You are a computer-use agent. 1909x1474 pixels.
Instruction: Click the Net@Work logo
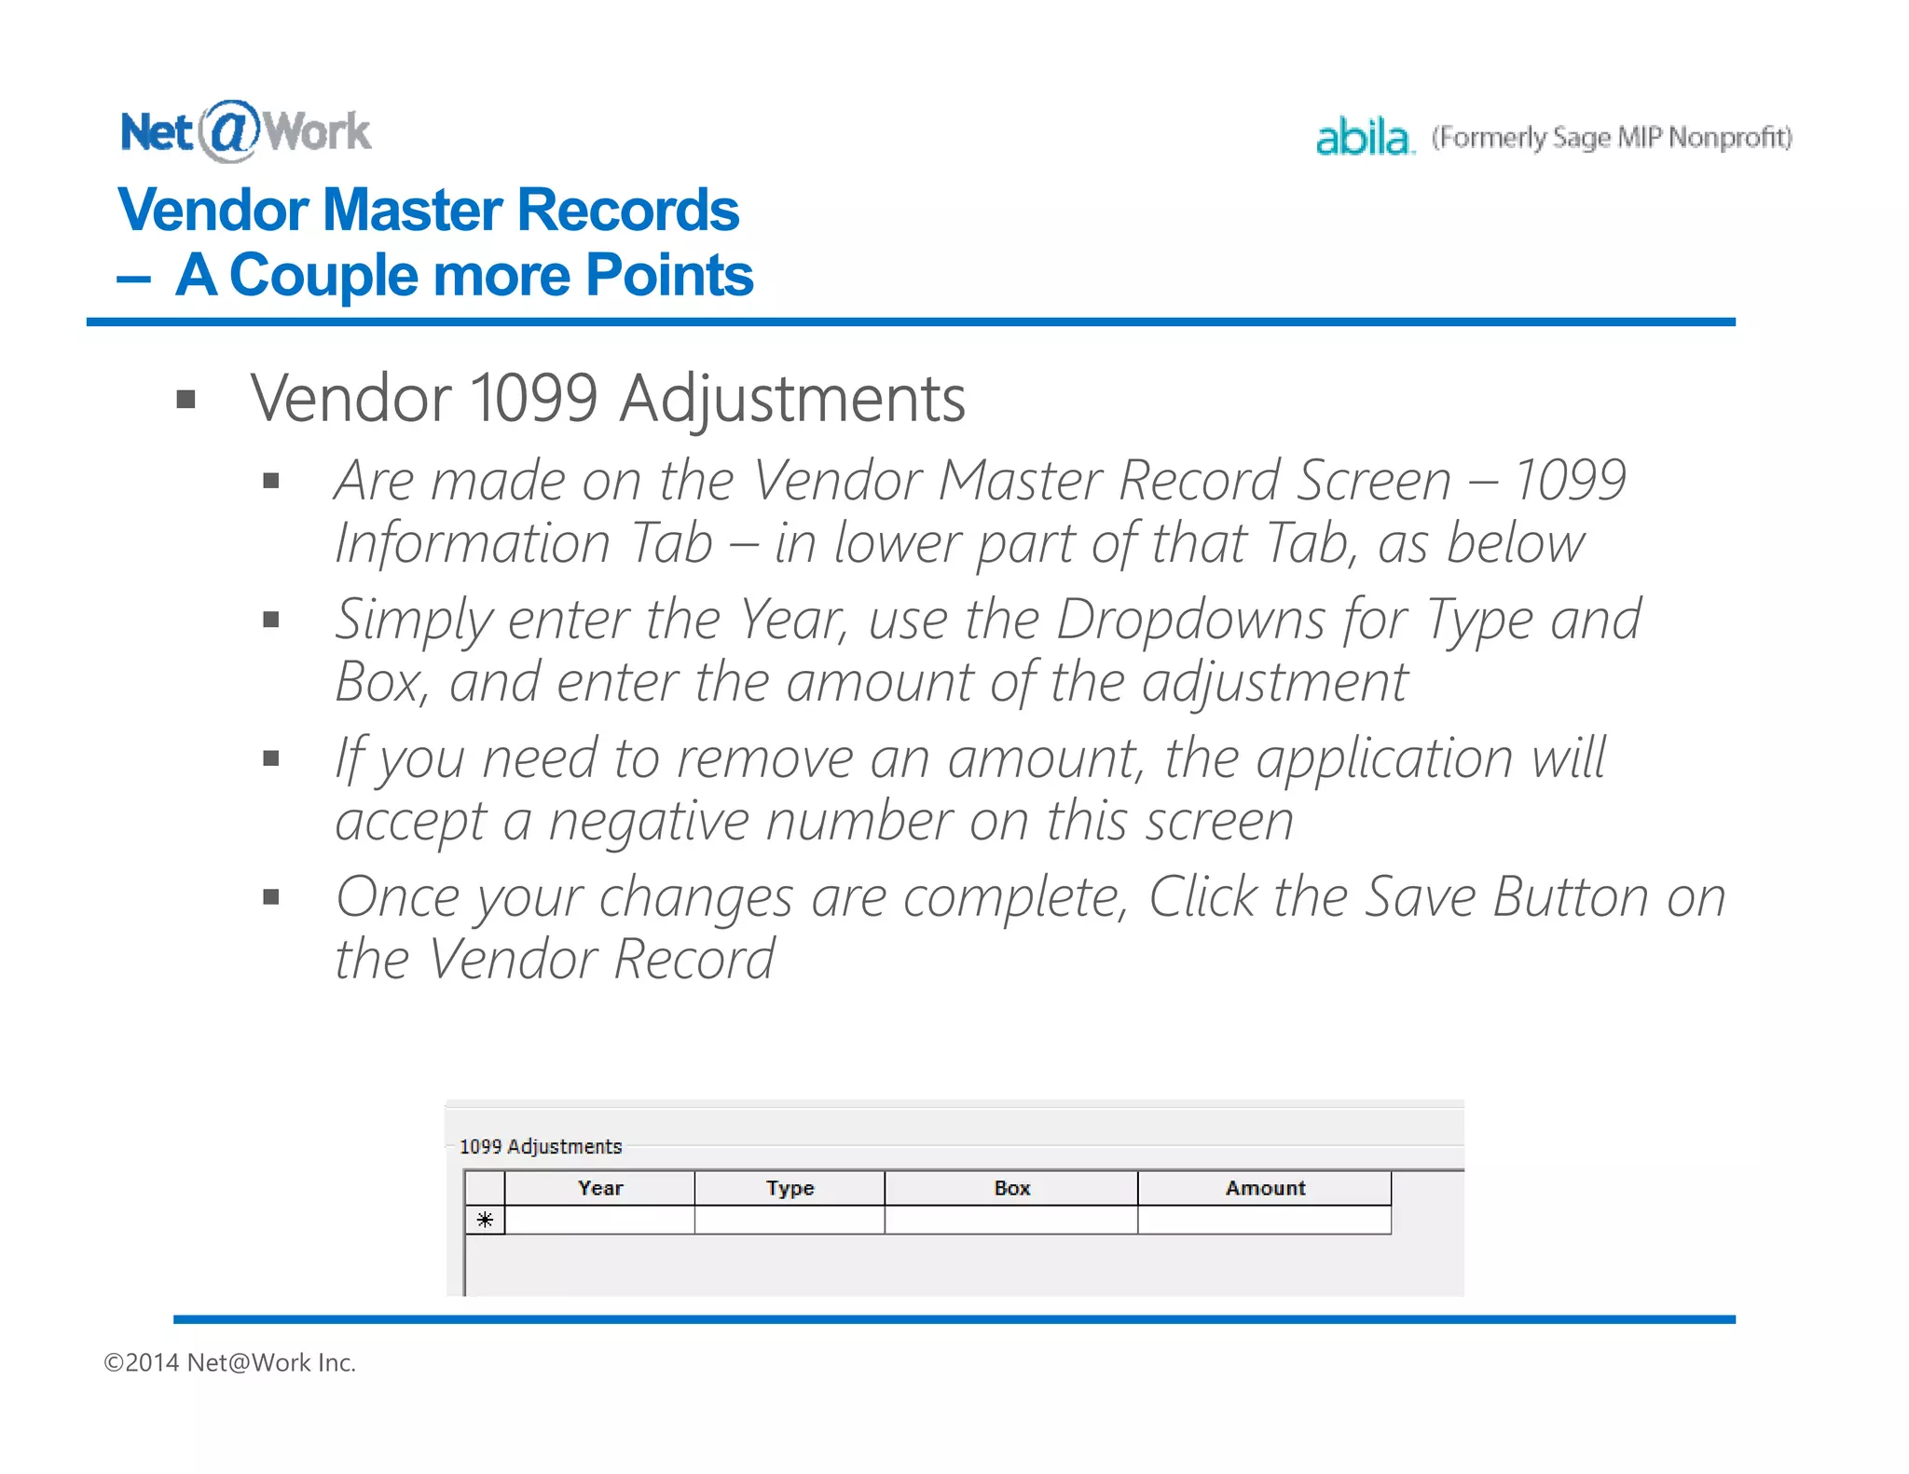245,131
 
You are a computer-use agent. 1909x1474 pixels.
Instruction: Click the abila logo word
1364,138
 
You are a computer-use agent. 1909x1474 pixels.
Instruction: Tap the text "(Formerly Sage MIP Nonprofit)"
1612,138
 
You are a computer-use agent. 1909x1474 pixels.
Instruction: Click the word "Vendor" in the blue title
213,210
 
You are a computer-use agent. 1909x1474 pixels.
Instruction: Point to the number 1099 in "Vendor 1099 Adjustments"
534,399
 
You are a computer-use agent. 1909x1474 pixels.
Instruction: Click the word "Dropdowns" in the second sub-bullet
1190,619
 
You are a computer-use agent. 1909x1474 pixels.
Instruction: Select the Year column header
600,1188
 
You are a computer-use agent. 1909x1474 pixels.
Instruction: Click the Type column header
790,1188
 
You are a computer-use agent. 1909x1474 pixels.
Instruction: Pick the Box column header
1011,1188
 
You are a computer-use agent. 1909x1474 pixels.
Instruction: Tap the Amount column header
1265,1188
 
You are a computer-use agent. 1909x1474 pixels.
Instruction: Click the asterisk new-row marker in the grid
485,1220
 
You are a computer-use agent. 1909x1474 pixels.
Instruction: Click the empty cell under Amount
1265,1220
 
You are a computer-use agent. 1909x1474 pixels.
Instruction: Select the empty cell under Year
600,1220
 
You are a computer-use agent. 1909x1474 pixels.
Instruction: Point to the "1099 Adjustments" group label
541,1146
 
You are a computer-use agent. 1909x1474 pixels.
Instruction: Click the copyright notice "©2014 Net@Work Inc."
230,1362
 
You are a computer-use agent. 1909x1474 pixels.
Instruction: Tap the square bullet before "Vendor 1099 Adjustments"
186,400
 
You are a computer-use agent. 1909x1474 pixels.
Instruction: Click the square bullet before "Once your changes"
271,897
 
